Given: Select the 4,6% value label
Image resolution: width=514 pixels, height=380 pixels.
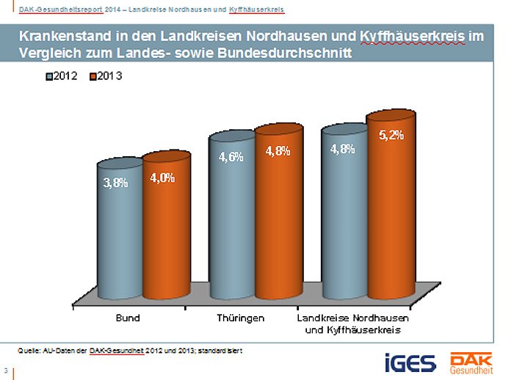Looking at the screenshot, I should (x=231, y=157).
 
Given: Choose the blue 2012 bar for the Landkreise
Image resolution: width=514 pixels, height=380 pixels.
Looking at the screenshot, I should (x=344, y=220).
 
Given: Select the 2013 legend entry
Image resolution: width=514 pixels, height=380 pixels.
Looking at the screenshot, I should (x=106, y=76).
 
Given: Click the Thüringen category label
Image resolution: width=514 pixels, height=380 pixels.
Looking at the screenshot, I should (x=240, y=319).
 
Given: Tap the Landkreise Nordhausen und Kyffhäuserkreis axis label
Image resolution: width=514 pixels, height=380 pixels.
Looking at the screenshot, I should (x=353, y=325).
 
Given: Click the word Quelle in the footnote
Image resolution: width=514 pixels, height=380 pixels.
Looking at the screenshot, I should (x=30, y=351).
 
